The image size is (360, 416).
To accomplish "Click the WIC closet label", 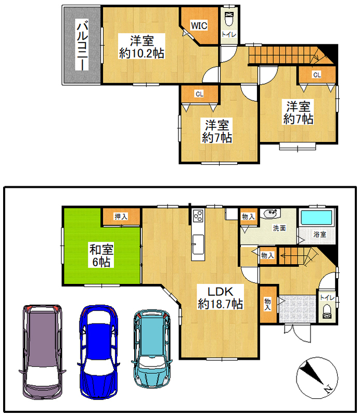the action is [x=199, y=25].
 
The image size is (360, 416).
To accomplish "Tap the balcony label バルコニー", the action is [x=82, y=45].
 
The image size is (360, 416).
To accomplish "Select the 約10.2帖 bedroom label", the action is [x=142, y=47].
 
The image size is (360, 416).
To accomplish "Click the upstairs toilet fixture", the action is [x=228, y=19].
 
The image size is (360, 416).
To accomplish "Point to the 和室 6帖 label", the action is [x=101, y=255].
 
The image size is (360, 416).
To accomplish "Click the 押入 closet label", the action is [x=121, y=216].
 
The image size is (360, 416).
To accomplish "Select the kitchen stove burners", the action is [x=198, y=215].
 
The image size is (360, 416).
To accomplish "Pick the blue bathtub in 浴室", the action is [x=316, y=217].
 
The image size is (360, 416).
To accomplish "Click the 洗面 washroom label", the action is [x=279, y=228].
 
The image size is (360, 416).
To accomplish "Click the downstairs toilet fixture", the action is [x=327, y=311].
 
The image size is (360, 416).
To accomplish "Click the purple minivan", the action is [x=43, y=352].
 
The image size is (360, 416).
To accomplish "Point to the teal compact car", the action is [x=152, y=349].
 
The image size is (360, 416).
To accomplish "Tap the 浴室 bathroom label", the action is [x=319, y=235].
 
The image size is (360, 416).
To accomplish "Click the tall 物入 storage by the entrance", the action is [x=268, y=304].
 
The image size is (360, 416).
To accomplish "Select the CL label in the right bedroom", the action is [x=317, y=75].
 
